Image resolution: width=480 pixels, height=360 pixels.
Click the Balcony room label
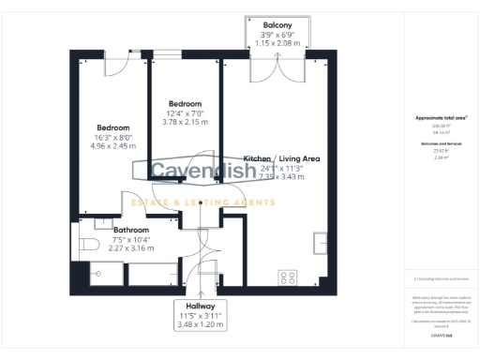[x=276, y=24]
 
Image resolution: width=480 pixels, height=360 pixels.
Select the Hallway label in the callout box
[x=200, y=307]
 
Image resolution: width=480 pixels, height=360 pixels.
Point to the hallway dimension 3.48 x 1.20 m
[x=200, y=325]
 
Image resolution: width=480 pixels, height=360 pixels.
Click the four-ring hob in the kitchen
[x=288, y=278]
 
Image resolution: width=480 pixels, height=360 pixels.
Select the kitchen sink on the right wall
[x=322, y=240]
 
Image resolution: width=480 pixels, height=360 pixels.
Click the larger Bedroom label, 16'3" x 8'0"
[x=112, y=127]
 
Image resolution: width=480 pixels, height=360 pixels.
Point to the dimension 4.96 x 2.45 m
[x=112, y=145]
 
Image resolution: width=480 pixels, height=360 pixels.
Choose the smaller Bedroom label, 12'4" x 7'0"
[x=185, y=103]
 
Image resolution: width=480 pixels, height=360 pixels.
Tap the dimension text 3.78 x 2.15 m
[x=185, y=121]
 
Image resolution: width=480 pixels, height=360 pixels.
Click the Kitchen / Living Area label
[x=280, y=159]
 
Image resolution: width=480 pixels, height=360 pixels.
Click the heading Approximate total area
[x=441, y=118]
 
